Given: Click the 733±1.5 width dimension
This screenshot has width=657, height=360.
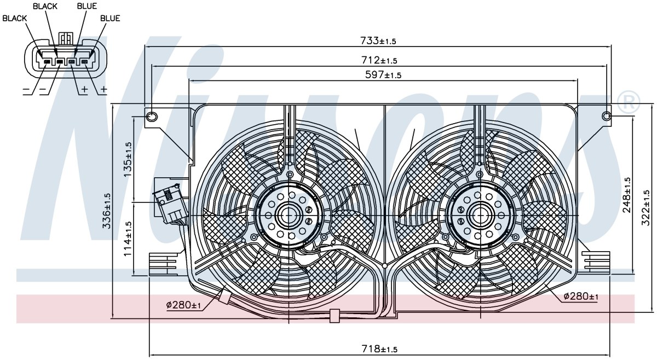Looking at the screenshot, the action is (x=378, y=40).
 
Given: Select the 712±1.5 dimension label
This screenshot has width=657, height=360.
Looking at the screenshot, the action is (x=379, y=60).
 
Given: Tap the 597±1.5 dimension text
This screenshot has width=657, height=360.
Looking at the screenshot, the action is (x=383, y=75).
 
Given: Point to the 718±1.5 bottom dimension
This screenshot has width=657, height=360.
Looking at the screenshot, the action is (x=379, y=349).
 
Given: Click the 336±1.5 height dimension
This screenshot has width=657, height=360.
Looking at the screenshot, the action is (x=106, y=211).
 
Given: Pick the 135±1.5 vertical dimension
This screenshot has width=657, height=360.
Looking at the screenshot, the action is (x=128, y=159).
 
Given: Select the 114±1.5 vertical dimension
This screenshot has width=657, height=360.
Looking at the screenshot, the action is (x=128, y=239).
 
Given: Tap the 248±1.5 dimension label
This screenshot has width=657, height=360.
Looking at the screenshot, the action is (x=627, y=195).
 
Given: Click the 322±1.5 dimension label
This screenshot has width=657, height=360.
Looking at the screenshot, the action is (x=646, y=208).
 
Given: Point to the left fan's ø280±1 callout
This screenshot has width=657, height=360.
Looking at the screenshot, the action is (x=183, y=305).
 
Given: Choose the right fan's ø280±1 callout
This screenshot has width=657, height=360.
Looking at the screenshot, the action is (x=581, y=297).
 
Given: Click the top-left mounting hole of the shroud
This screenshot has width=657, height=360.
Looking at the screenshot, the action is (x=151, y=117).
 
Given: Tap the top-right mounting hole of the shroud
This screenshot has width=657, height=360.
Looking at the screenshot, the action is (x=606, y=117).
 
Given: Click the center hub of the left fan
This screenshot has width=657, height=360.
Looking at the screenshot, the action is (x=289, y=216).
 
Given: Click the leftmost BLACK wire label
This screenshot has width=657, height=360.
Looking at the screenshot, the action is (x=14, y=18).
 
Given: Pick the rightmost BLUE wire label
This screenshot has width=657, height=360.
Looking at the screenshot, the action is (x=110, y=18).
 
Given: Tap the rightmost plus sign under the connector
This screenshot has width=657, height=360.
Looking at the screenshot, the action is (x=104, y=89).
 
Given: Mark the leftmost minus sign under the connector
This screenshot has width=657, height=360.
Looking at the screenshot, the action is (x=26, y=89).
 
